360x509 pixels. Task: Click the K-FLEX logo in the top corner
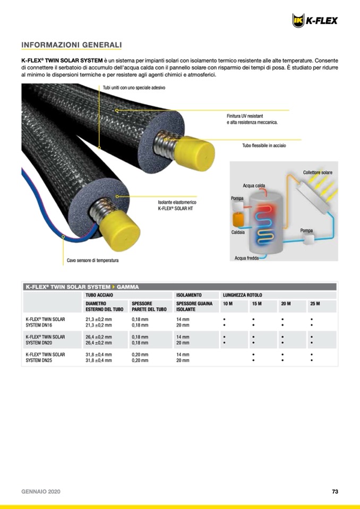point(314,21)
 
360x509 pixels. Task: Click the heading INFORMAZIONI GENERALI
point(72,45)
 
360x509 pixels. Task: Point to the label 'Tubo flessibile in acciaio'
point(264,145)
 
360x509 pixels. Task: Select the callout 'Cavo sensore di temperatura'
point(92,261)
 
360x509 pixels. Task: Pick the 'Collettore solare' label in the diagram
point(318,172)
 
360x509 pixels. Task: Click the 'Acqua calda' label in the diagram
point(254,186)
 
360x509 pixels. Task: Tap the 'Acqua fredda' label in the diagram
point(246,258)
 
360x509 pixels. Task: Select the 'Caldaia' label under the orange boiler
point(237,232)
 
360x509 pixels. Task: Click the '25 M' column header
point(315,304)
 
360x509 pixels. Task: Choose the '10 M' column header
point(228,304)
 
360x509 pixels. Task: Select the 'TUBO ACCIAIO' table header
point(99,295)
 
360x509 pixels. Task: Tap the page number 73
point(335,491)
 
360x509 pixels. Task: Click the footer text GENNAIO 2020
point(41,491)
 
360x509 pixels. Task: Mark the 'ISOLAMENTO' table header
point(189,295)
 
